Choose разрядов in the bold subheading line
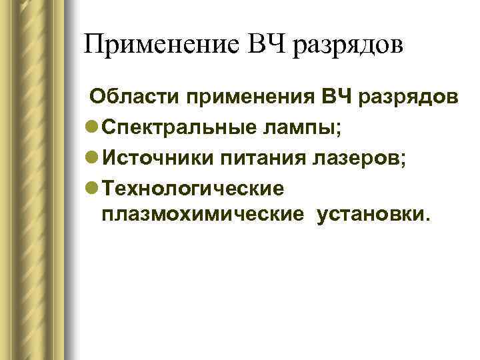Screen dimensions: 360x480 click(x=411, y=99)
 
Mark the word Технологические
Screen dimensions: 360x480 click(x=193, y=189)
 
